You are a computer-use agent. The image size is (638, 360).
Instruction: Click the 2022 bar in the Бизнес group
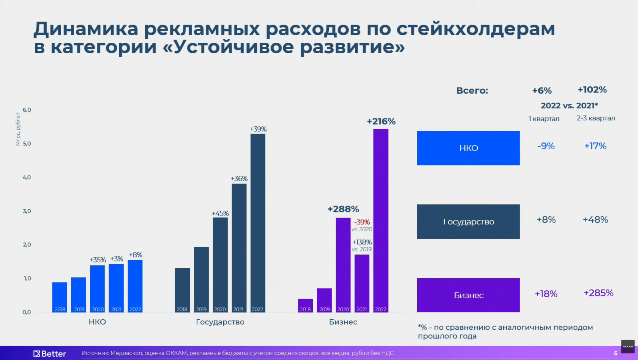click(x=381, y=220)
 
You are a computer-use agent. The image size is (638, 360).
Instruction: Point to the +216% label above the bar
click(x=381, y=122)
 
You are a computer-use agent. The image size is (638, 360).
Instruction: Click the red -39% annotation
click(x=362, y=222)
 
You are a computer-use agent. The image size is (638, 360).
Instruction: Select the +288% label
click(x=343, y=209)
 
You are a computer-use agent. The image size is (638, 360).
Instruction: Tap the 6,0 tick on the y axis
click(x=27, y=110)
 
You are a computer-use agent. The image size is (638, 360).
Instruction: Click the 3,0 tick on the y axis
click(x=27, y=211)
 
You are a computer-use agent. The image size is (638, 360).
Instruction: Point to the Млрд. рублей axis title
click(x=18, y=129)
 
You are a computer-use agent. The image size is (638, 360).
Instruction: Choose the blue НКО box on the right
click(x=468, y=148)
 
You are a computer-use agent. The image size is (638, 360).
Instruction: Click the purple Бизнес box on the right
click(x=468, y=295)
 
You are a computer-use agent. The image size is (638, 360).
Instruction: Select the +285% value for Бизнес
click(x=598, y=293)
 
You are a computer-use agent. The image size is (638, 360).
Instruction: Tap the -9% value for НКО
click(x=546, y=146)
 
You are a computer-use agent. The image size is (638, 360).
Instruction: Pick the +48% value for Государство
click(x=595, y=220)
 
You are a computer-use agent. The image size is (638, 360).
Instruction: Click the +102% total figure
click(x=592, y=90)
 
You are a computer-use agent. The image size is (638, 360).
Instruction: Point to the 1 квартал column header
click(x=544, y=119)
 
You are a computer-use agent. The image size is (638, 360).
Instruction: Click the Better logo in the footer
click(x=50, y=354)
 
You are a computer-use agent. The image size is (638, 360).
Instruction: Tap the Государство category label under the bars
click(x=220, y=322)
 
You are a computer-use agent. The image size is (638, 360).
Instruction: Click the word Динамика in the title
click(x=86, y=29)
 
